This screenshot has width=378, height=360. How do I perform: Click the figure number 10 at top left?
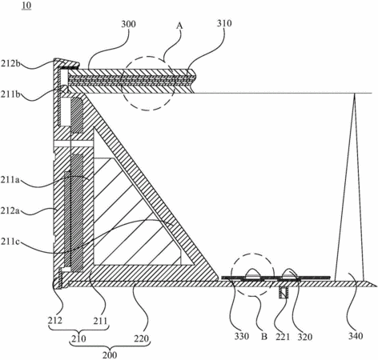[x=27, y=6]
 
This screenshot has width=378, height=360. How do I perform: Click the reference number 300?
[x=128, y=24]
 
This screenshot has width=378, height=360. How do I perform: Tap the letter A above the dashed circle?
[x=179, y=26]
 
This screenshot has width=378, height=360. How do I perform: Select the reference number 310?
[x=224, y=23]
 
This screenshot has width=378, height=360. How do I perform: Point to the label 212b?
[x=10, y=64]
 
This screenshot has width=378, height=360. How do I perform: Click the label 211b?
[x=10, y=94]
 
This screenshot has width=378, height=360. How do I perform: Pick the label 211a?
[x=10, y=181]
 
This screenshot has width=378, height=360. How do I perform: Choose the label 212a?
[x=10, y=211]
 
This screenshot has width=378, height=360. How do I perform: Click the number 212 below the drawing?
[x=55, y=320]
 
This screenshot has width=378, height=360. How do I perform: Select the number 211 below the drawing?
[x=100, y=321]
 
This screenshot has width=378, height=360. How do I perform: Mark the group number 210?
[x=78, y=338]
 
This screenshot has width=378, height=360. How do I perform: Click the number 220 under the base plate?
[x=141, y=338]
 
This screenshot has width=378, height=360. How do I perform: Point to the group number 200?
[x=110, y=355]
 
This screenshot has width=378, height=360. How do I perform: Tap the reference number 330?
[x=242, y=337]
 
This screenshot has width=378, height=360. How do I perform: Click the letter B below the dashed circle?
[x=264, y=337]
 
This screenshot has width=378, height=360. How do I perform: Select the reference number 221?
[x=283, y=337]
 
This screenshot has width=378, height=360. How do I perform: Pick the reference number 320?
[x=305, y=337]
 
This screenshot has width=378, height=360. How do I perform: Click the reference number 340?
[x=356, y=336]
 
